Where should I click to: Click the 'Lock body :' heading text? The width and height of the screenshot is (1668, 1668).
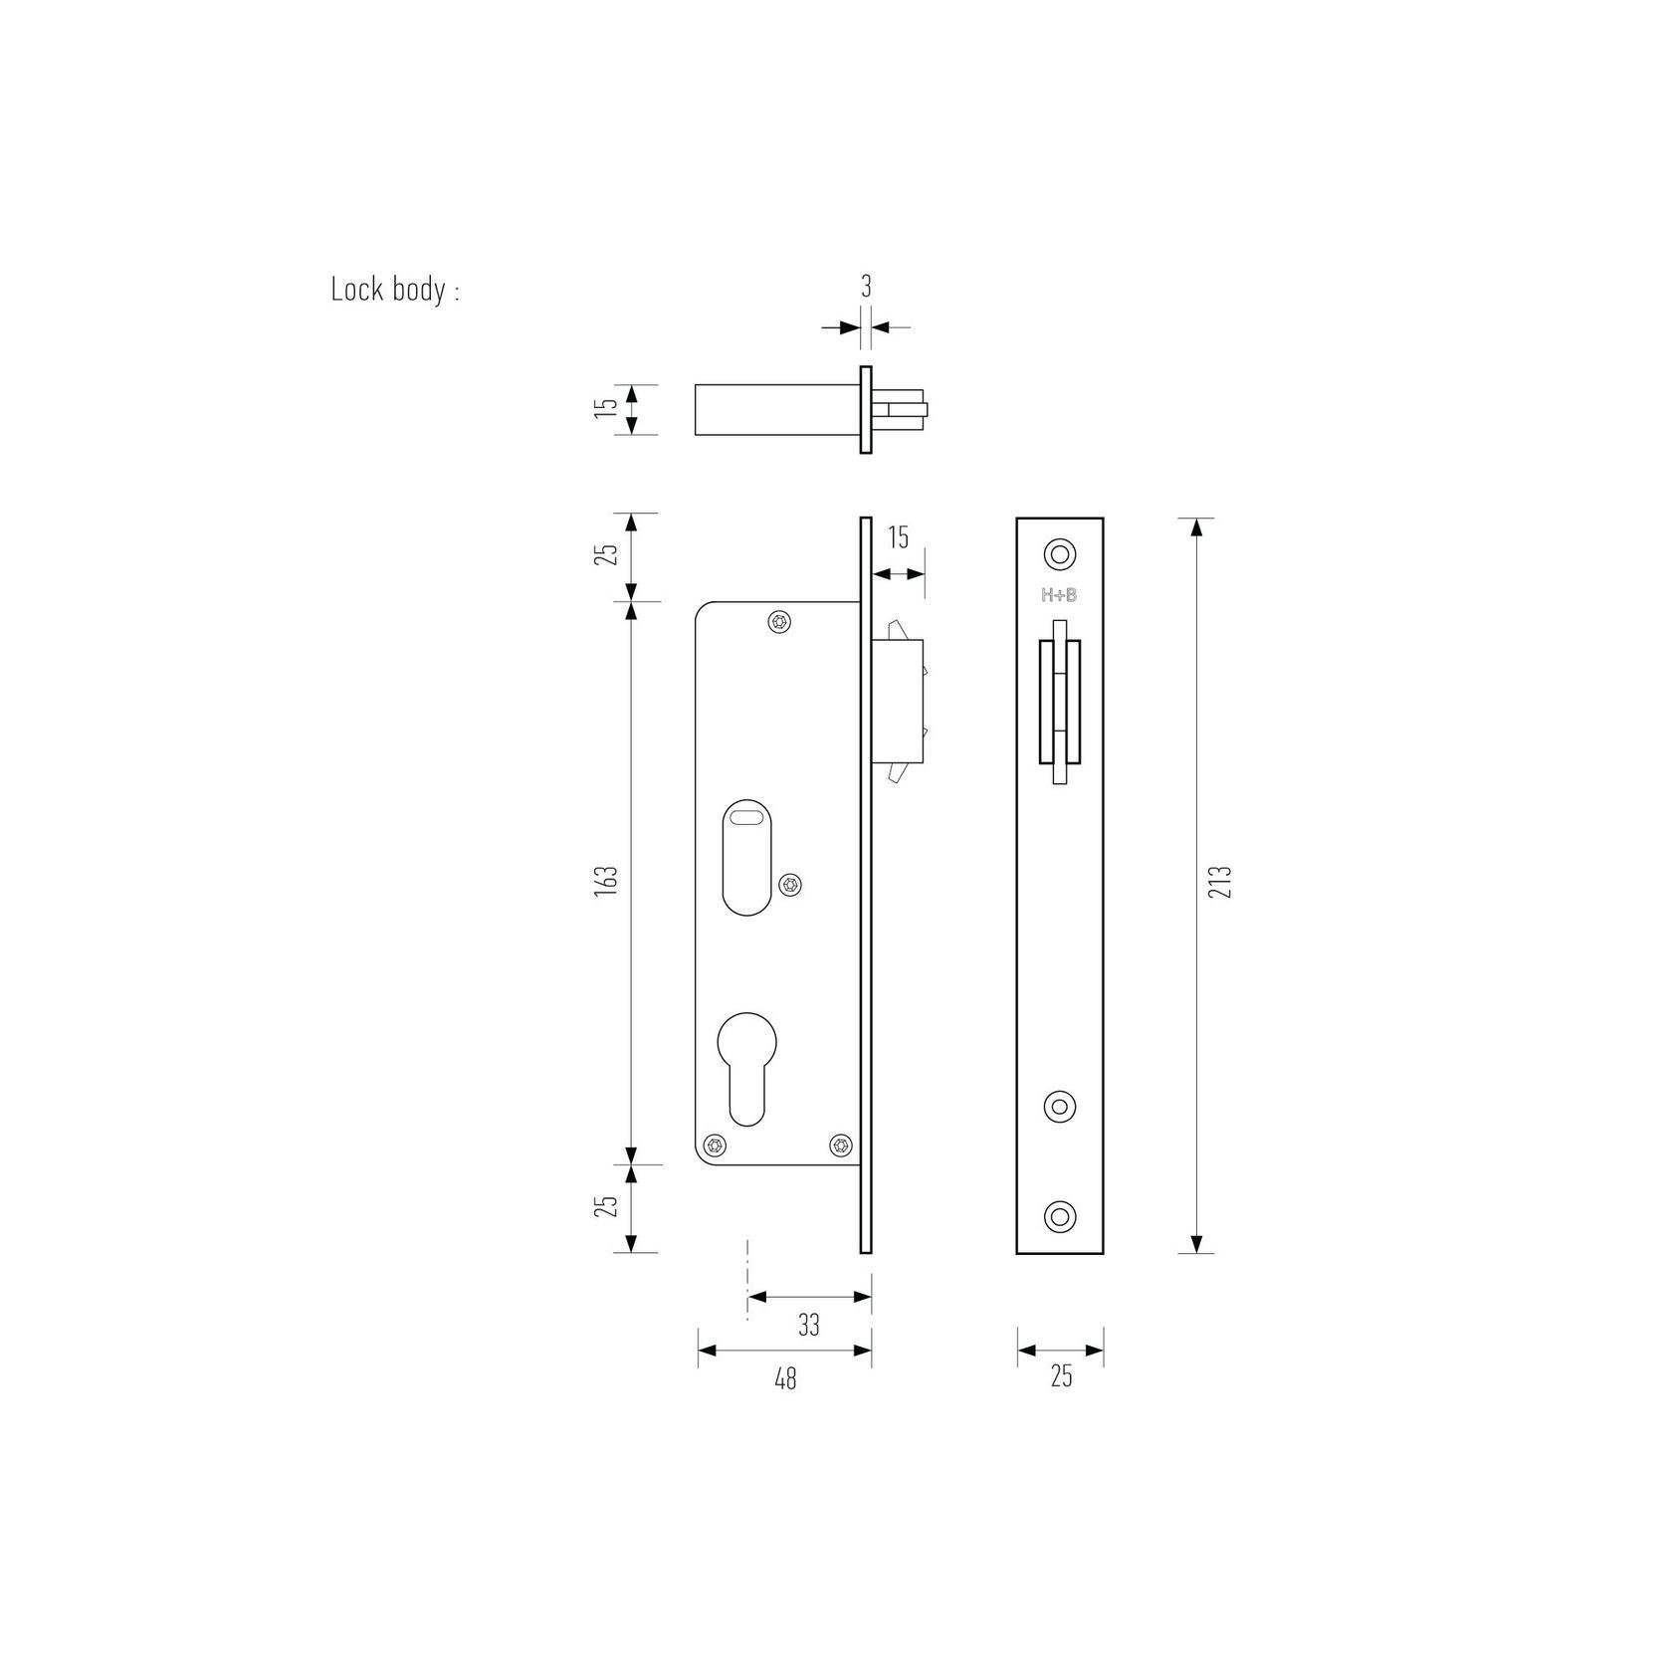pos(395,291)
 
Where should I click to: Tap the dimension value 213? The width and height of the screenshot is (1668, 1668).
pos(1224,882)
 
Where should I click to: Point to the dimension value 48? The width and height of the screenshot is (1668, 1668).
pos(785,1379)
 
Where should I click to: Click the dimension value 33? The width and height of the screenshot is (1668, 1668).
pos(809,1325)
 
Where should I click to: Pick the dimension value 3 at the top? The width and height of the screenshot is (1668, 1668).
pos(866,287)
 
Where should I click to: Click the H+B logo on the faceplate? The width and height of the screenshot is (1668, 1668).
pos(1059,596)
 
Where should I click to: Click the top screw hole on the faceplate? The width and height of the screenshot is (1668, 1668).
pos(1059,554)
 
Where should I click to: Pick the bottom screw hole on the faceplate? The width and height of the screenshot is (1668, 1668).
pos(1059,1215)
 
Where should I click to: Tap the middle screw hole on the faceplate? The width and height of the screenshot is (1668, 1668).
pos(1059,1106)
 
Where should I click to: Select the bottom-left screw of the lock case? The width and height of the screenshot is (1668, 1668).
pos(714,1145)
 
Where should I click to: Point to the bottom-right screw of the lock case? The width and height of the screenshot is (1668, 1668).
pos(842,1145)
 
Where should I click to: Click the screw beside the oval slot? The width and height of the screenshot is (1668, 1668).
pos(791,884)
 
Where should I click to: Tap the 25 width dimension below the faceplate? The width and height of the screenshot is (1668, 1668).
pos(1061,1377)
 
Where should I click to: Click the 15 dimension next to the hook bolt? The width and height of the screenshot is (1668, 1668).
pos(898,538)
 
